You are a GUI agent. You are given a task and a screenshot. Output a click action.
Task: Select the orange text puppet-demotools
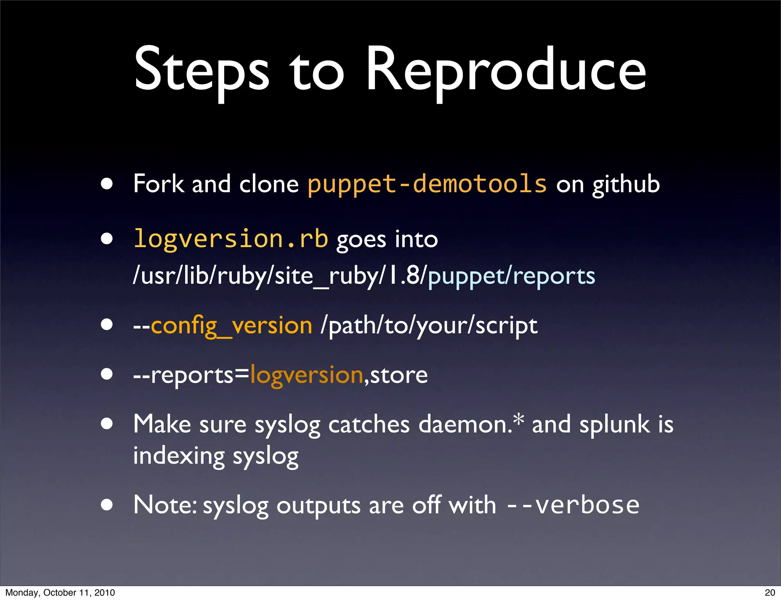[x=427, y=184]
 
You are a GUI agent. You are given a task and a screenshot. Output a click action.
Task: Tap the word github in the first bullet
[x=626, y=185]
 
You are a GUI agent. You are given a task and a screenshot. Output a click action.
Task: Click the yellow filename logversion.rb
[x=231, y=239]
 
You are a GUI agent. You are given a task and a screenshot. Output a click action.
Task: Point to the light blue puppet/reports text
[x=511, y=276]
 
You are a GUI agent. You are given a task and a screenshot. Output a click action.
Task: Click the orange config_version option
[x=231, y=326]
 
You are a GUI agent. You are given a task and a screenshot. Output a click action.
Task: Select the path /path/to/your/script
[x=429, y=326]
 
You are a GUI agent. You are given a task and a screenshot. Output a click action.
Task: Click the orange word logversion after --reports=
[x=307, y=375]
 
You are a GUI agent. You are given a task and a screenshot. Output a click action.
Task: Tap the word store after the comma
[x=399, y=375]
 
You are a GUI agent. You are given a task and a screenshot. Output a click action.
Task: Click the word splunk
[x=614, y=424]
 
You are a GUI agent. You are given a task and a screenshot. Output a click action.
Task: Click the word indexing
[x=179, y=456]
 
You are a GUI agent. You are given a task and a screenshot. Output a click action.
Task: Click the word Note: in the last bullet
[x=165, y=505]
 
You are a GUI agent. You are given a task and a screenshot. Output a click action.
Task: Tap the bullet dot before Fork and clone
[x=107, y=184]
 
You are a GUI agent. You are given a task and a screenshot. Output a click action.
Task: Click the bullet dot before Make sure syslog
[x=107, y=424]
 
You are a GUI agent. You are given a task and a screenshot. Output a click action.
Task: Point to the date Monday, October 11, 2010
[x=60, y=593]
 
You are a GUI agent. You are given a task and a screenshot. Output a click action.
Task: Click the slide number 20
[x=770, y=593]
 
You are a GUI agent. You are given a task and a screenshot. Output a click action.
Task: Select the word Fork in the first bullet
[x=158, y=184]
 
